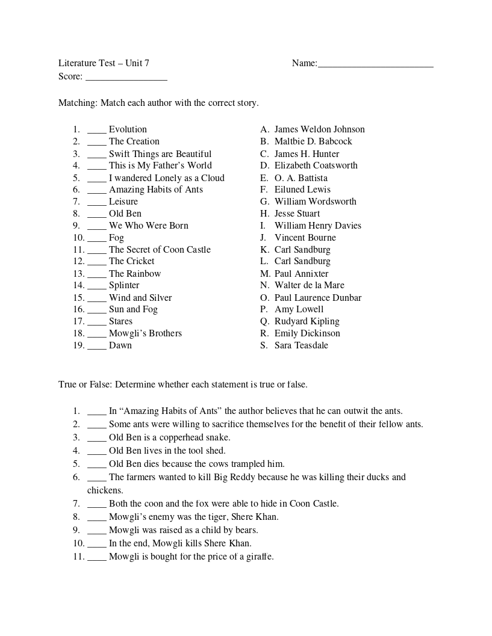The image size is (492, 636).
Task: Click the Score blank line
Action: (x=126, y=78)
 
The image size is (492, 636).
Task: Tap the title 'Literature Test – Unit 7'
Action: (x=104, y=63)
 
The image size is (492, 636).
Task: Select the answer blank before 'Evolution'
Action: (x=96, y=131)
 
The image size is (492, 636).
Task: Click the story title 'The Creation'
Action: (x=134, y=141)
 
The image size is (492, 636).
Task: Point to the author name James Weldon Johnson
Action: (x=319, y=129)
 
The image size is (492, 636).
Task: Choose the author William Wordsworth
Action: (x=315, y=202)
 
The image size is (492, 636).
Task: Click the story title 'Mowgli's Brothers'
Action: (x=145, y=333)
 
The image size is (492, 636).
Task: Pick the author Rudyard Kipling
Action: (x=307, y=321)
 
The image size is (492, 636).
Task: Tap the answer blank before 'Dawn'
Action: (x=96, y=347)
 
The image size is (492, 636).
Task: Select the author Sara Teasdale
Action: (x=301, y=345)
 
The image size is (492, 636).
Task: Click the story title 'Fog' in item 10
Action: (x=116, y=238)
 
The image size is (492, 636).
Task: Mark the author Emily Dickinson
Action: (x=307, y=333)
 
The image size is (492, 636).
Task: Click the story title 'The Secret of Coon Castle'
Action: (x=160, y=250)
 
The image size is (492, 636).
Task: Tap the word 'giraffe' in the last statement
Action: (x=260, y=557)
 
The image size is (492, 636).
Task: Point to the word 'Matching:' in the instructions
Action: (x=78, y=103)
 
